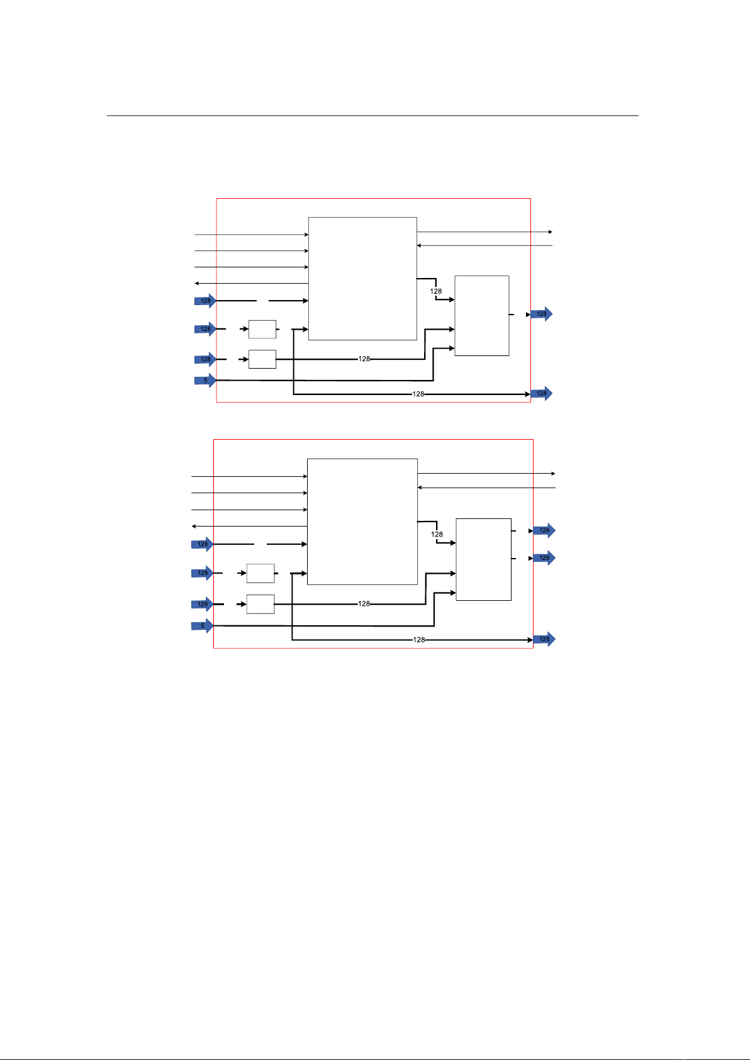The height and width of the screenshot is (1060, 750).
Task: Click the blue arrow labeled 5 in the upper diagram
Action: pos(205,381)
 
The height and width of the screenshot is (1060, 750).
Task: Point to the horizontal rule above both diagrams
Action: pos(372,116)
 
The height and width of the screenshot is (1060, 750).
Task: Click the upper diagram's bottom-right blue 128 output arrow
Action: pos(541,393)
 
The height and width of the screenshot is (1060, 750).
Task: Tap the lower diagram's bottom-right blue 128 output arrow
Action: pos(544,639)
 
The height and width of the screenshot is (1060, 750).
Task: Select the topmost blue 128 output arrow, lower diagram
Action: pos(544,530)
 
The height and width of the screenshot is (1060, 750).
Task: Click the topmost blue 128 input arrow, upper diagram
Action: pos(205,301)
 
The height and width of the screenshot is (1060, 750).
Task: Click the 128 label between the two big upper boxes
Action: pos(436,291)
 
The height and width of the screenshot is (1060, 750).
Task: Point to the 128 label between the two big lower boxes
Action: pos(437,534)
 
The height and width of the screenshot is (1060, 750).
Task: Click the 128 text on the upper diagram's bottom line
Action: pos(418,394)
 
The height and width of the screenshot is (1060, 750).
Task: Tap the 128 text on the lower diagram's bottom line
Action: pos(419,640)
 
